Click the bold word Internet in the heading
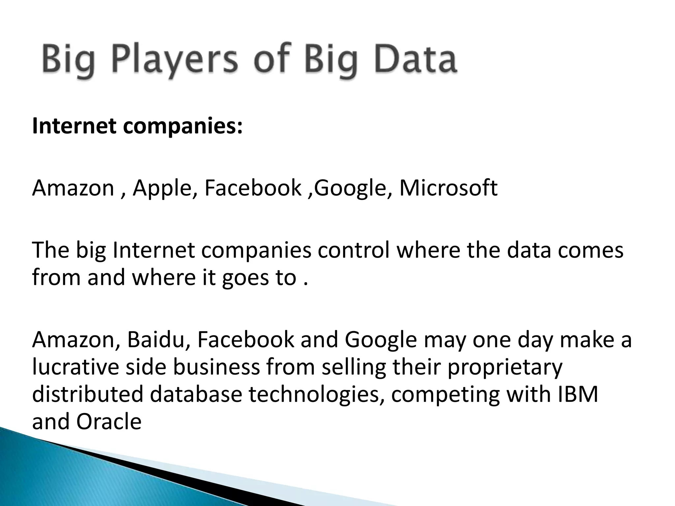pyautogui.click(x=74, y=126)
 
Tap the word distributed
pyautogui.click(x=88, y=394)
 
